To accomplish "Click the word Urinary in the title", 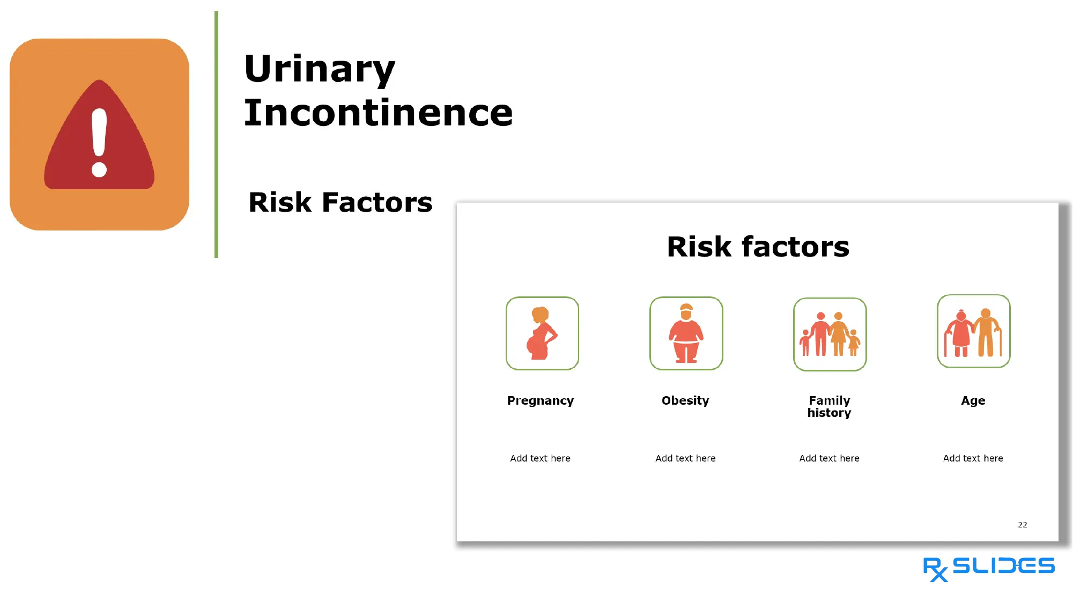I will [x=320, y=70].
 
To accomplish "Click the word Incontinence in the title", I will [x=378, y=113].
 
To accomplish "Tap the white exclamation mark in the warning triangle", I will [x=99, y=142].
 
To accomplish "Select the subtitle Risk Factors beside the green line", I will [x=340, y=203].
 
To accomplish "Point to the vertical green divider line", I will [x=216, y=134].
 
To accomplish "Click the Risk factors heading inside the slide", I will [x=758, y=247].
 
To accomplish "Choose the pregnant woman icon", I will [x=542, y=333].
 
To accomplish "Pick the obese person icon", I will [x=686, y=333].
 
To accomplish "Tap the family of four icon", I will [x=830, y=334].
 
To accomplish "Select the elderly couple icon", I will [x=973, y=331].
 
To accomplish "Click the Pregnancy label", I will [x=540, y=401].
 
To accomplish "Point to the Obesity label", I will [x=685, y=401].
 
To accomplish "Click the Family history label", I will [x=829, y=407].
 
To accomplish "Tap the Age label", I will [x=973, y=401].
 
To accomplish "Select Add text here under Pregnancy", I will [x=540, y=458].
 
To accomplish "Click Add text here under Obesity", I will [x=685, y=458].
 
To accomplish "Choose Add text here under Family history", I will [x=829, y=458].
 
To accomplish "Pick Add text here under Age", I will [x=973, y=458].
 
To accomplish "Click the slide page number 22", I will [x=1022, y=525].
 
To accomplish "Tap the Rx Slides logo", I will [x=988, y=568].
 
